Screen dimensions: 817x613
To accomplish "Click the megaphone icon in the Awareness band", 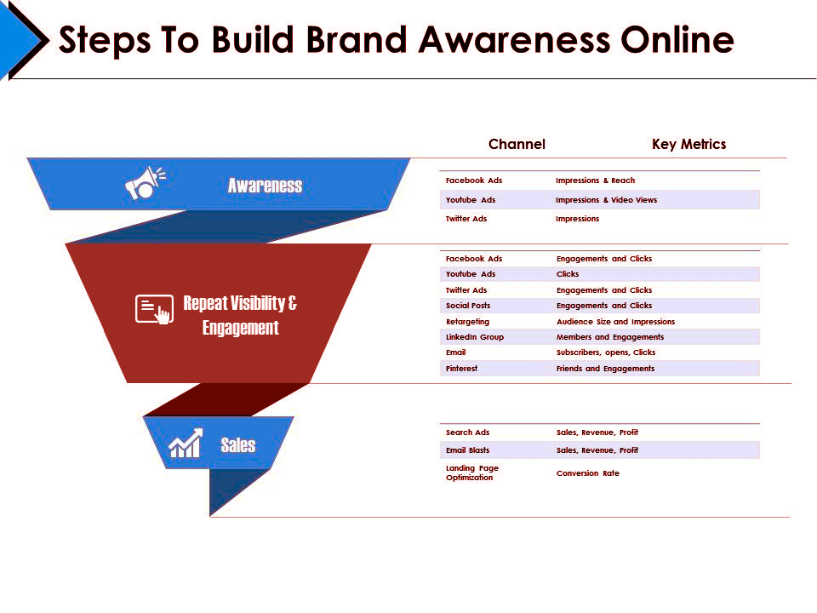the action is (x=145, y=182).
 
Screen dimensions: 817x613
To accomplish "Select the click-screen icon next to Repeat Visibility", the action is (x=154, y=309).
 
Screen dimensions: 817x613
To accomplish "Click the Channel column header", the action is (x=517, y=144).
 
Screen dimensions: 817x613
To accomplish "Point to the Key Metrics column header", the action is (x=688, y=144).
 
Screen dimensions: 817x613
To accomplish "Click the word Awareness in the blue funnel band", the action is (x=265, y=185).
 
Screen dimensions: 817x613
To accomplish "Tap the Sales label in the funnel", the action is (x=238, y=444).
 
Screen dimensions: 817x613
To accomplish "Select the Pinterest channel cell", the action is (x=461, y=368).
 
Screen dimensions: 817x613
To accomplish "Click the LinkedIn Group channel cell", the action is (x=475, y=337).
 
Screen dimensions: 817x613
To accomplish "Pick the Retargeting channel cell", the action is (x=467, y=322).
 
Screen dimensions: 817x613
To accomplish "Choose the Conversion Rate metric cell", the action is (x=588, y=473).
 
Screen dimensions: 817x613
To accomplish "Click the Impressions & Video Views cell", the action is (x=606, y=199).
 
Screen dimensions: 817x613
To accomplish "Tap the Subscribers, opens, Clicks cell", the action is (x=605, y=352).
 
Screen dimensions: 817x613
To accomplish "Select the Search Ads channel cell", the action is (x=467, y=433).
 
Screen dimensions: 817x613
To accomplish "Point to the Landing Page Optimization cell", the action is (x=472, y=473).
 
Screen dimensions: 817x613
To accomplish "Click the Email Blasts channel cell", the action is (x=467, y=450).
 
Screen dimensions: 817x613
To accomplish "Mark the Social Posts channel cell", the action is (x=468, y=306).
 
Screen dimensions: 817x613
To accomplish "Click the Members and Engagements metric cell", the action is (x=610, y=337).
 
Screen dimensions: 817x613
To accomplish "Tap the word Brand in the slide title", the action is (x=356, y=39).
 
